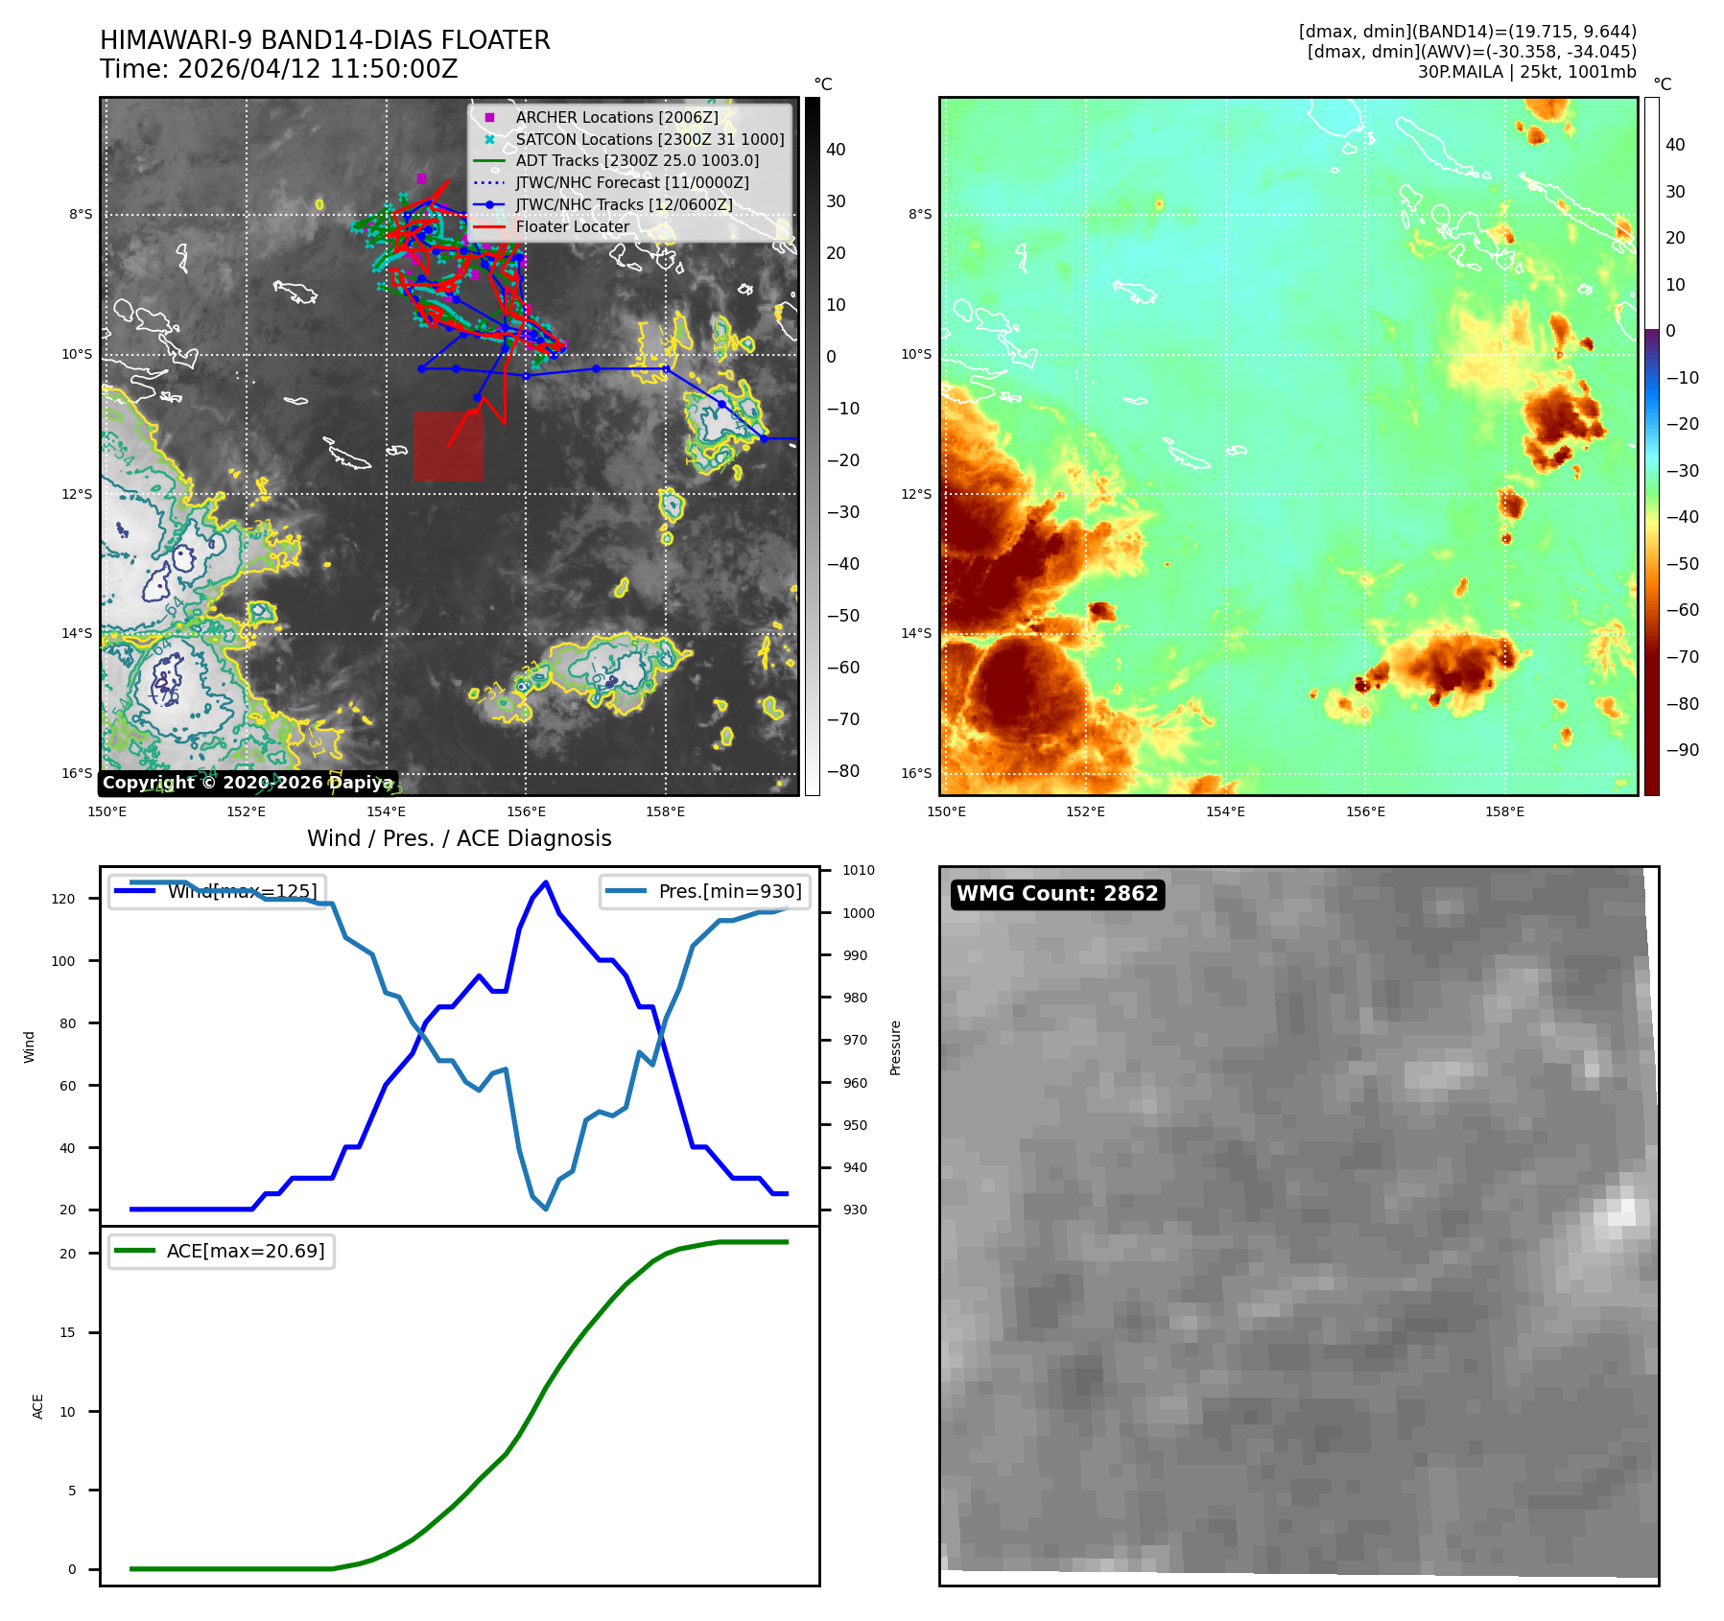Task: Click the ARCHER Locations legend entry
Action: point(616,117)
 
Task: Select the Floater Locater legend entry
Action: point(572,226)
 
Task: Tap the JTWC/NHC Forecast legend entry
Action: point(631,182)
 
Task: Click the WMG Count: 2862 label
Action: point(1057,894)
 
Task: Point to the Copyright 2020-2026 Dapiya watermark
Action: point(248,783)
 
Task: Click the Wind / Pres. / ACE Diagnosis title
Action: point(459,838)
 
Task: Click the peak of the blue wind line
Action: point(545,881)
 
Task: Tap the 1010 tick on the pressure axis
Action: point(858,871)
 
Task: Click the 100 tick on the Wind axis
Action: point(63,961)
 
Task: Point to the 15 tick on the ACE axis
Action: point(67,1332)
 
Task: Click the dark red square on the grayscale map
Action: point(448,446)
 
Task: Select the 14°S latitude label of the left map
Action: point(78,633)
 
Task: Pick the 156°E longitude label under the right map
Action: point(1364,811)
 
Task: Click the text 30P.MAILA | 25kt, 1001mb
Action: point(1526,72)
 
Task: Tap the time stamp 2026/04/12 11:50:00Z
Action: point(318,69)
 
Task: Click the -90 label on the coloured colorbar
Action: point(1682,750)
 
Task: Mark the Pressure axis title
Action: point(895,1047)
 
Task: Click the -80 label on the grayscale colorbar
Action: point(843,771)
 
